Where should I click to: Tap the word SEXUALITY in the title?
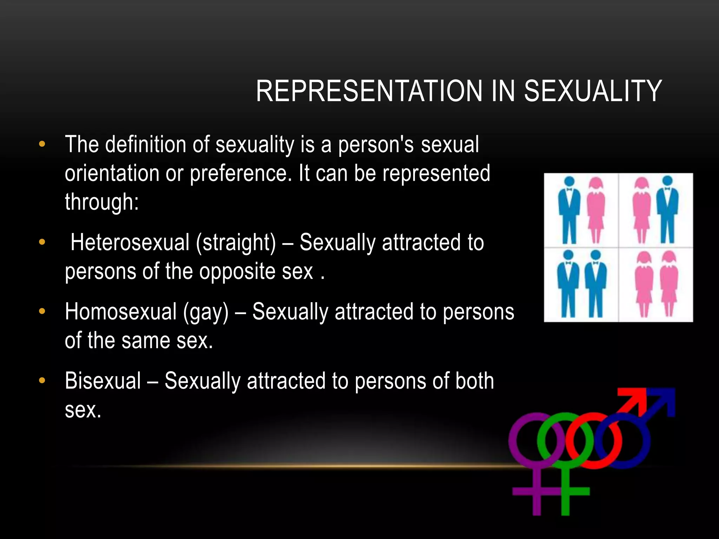point(593,91)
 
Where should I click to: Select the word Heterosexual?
point(130,242)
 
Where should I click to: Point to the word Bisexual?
point(103,381)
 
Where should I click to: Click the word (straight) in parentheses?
point(236,243)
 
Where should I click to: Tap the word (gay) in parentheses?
point(206,312)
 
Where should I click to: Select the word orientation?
point(112,174)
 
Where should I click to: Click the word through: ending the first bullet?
point(102,202)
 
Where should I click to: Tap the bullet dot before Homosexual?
point(42,311)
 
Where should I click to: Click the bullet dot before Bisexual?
point(42,380)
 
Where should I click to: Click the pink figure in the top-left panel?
point(596,211)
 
